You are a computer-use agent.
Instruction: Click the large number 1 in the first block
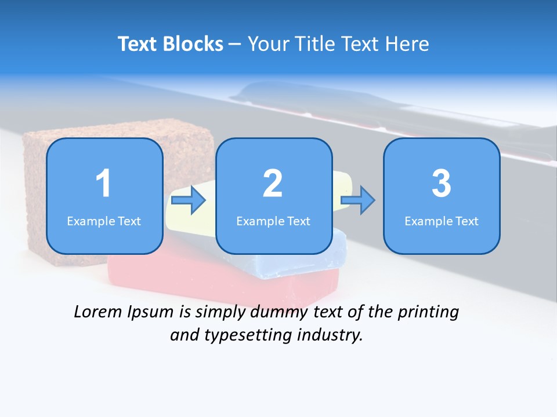click(103, 184)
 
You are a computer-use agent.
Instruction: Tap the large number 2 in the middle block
click(273, 184)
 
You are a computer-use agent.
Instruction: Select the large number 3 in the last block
click(442, 184)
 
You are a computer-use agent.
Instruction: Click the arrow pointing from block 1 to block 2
click(189, 200)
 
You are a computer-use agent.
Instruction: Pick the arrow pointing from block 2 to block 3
click(357, 200)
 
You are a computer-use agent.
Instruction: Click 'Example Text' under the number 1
click(104, 221)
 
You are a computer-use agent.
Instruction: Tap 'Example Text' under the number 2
click(273, 221)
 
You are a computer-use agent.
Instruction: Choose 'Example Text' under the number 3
click(442, 221)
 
